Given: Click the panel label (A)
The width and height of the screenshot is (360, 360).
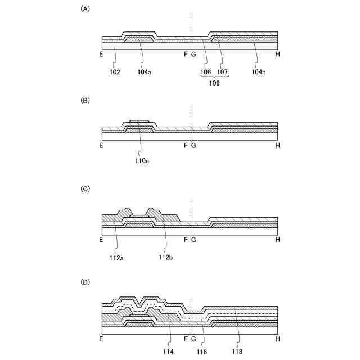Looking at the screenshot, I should point(85,8).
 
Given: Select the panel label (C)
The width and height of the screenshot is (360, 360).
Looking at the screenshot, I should point(85,189).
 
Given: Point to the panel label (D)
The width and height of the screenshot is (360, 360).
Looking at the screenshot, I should point(85,281).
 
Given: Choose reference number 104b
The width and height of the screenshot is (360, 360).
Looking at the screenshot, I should point(259,73).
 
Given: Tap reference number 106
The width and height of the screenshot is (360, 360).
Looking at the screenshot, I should point(206,73).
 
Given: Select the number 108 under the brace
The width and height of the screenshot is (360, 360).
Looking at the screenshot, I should point(213,83).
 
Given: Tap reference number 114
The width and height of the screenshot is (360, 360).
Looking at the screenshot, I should point(168,351).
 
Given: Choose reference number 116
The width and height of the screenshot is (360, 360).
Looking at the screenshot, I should point(202,351).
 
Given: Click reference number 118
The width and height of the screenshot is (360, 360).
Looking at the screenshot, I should point(240,351).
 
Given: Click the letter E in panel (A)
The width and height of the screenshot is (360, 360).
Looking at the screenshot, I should point(101,55).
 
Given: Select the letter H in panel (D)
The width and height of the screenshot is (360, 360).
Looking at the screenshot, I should point(278,339).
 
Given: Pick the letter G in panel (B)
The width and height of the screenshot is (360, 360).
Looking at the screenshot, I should point(193,146).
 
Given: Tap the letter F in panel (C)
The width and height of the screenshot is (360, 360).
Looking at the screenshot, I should point(186,240).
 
